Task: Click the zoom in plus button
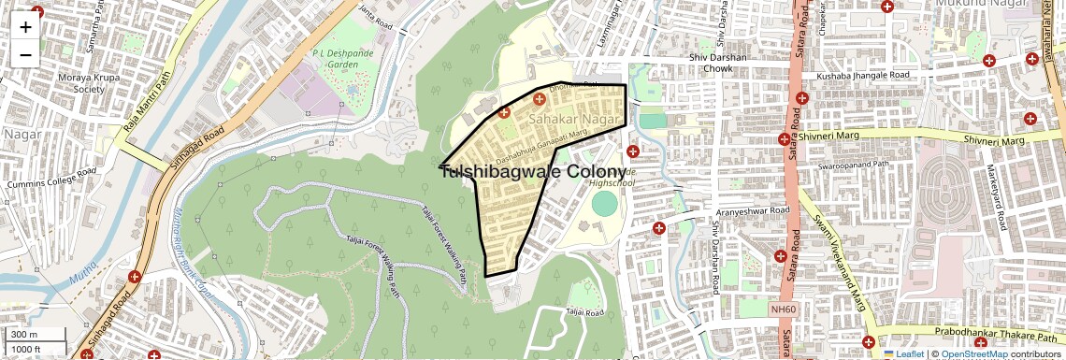coord(25,27)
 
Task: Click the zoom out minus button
coord(25,54)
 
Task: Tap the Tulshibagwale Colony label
coord(532,172)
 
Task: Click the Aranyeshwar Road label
coord(748,212)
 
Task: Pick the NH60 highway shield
coord(783,309)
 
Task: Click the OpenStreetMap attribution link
coord(972,353)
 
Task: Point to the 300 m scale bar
coord(35,335)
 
